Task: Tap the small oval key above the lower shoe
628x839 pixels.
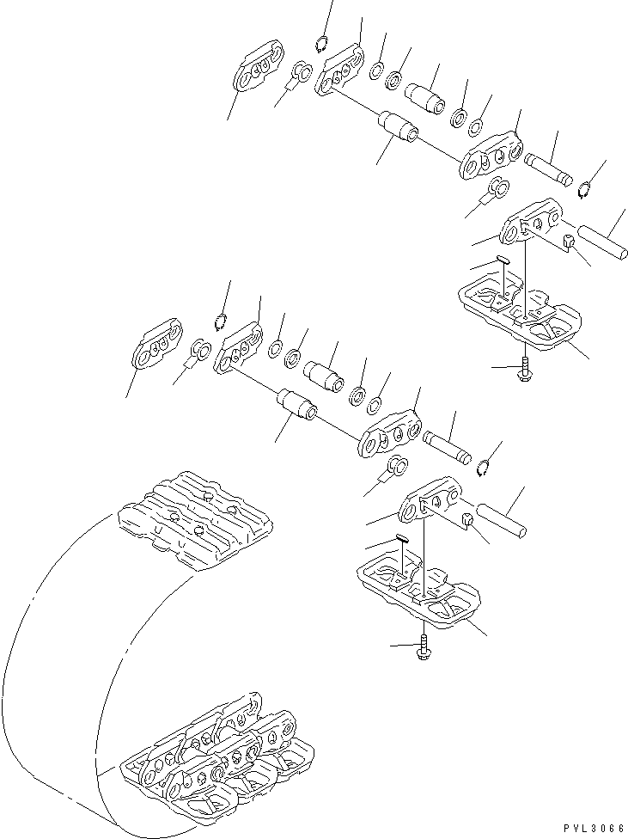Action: [x=403, y=537]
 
